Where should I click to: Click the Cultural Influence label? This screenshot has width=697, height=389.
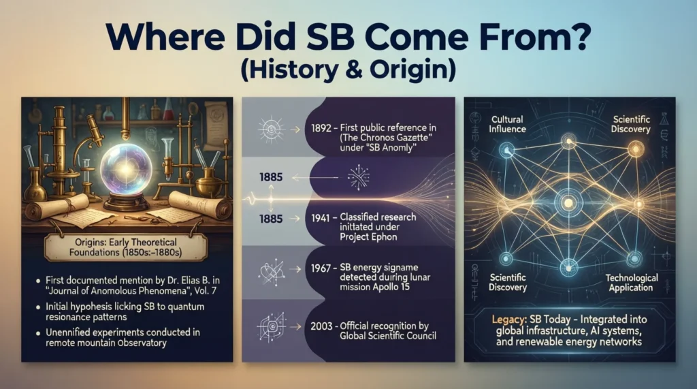click(507, 125)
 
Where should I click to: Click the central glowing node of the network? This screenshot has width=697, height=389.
click(567, 201)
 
